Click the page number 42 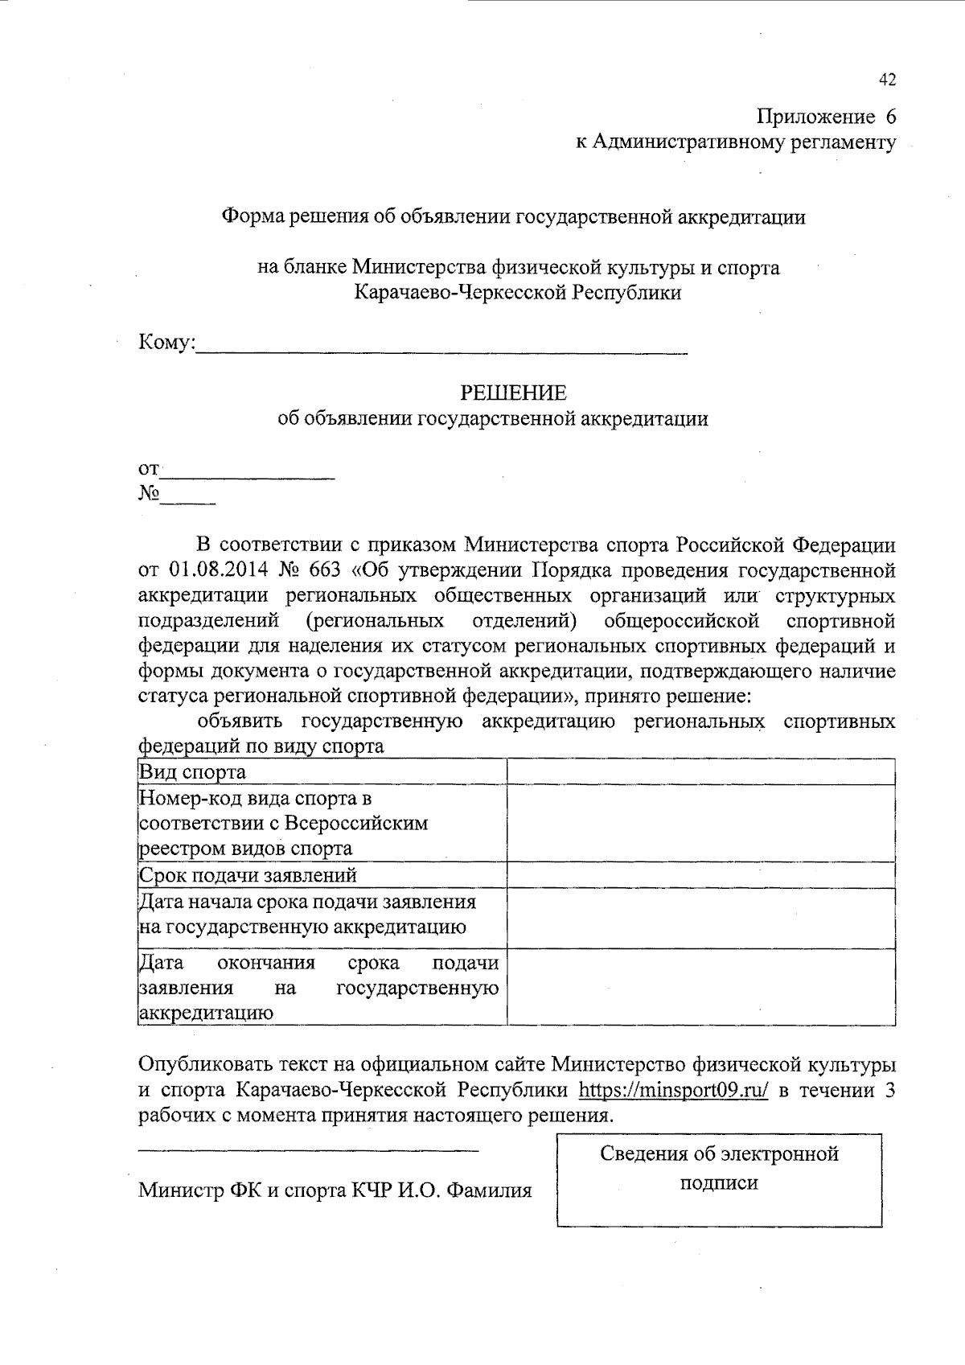coord(887,80)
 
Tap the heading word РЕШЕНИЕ coord(513,393)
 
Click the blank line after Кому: coord(442,349)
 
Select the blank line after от coord(248,475)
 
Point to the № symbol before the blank coord(148,494)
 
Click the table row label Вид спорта coord(193,773)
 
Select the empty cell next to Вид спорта coord(700,772)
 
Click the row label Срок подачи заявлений coord(248,875)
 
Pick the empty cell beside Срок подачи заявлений coord(700,875)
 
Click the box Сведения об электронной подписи coord(719,1178)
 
